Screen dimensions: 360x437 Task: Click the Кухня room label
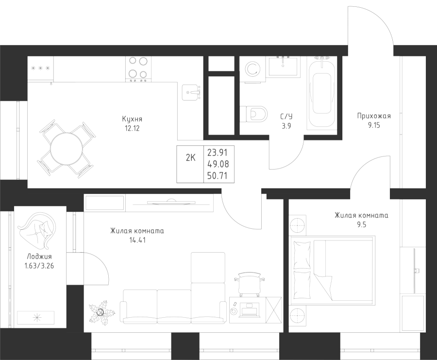coord(132,119)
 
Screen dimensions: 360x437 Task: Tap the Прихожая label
coord(373,116)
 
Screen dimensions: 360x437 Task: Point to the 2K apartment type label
coord(190,156)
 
